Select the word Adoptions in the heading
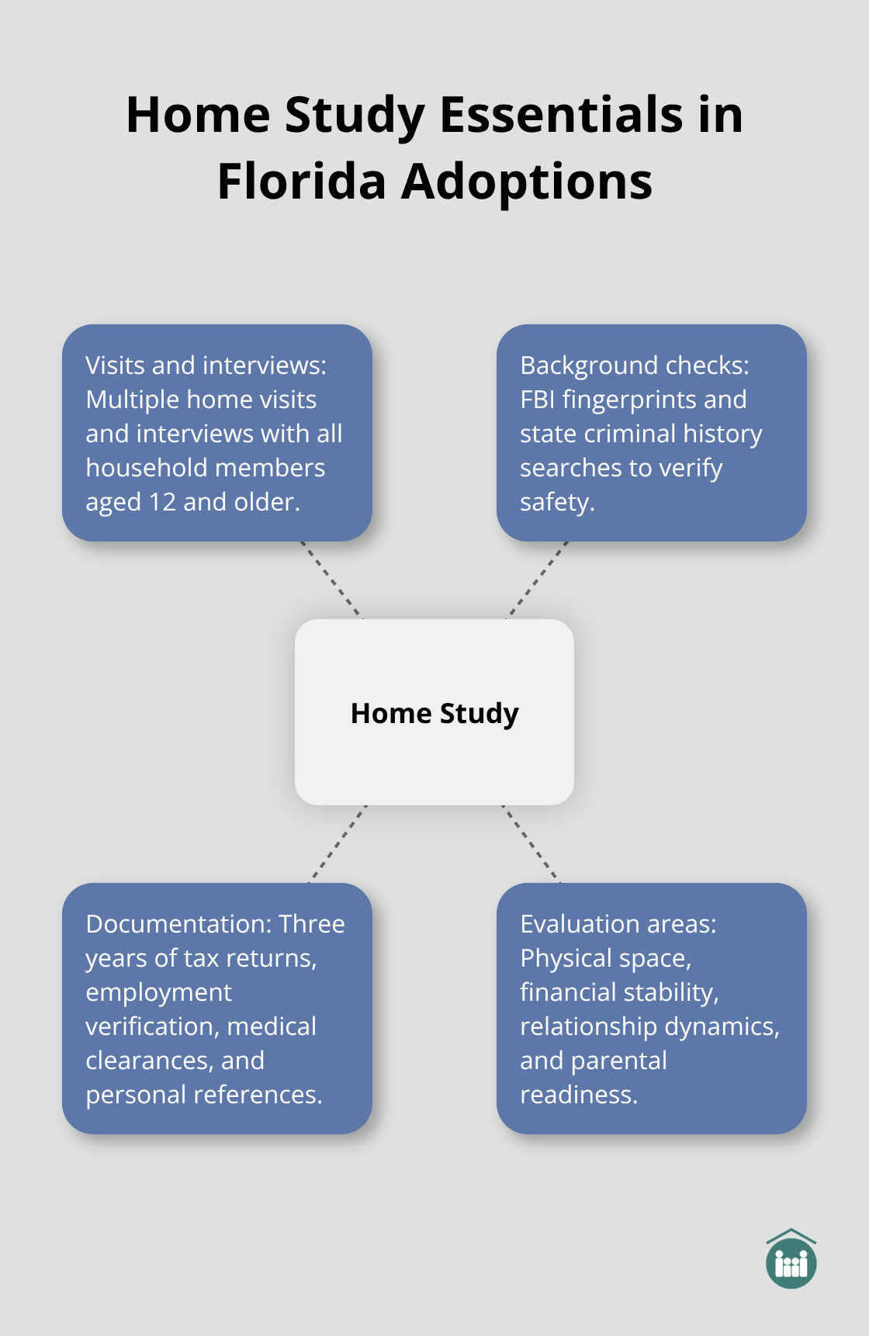(527, 183)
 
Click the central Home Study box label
(434, 713)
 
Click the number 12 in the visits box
(162, 502)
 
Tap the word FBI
(537, 400)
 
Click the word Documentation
(178, 924)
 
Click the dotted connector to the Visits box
(331, 580)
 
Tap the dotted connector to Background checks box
(538, 580)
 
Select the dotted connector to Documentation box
(338, 843)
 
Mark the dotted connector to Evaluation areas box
(531, 843)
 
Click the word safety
(556, 503)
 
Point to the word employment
(158, 992)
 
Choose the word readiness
(578, 1095)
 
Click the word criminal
(625, 434)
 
